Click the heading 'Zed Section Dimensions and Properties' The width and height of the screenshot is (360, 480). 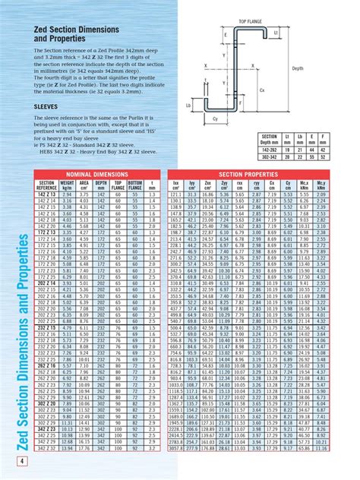point(68,31)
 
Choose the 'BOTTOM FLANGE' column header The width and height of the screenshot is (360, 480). point(136,185)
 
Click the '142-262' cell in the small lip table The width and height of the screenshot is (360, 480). point(269,151)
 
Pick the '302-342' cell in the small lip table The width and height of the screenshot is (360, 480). point(269,158)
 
